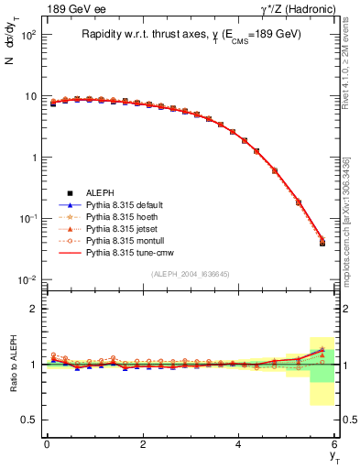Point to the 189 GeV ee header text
point(67,9)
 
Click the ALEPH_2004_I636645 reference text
point(191,273)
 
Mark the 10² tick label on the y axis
point(28,35)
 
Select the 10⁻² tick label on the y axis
point(28,279)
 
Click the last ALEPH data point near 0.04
point(322,243)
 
